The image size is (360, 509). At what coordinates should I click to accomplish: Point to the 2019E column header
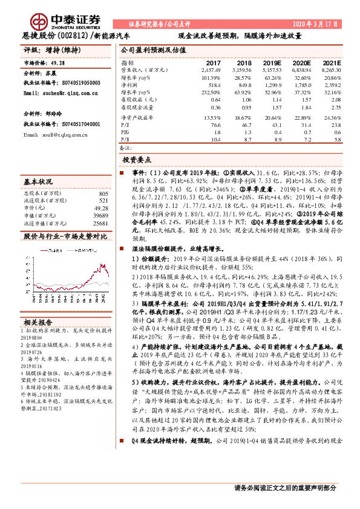click(274, 63)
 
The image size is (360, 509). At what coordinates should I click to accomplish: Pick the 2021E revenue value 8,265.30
click(330, 71)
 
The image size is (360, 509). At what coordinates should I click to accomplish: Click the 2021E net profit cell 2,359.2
click(332, 86)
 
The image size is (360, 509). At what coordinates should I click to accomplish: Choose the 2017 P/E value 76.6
click(215, 123)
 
